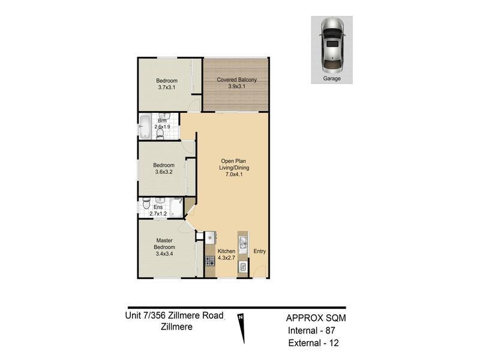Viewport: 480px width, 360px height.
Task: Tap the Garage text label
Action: [x=332, y=79]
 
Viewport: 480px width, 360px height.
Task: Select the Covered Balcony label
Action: [x=236, y=80]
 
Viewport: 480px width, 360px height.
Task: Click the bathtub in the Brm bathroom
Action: [x=144, y=126]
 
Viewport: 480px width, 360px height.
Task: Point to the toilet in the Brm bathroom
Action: [x=160, y=133]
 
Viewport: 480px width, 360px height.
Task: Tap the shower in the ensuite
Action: [x=176, y=208]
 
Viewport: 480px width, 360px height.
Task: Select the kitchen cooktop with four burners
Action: [x=209, y=261]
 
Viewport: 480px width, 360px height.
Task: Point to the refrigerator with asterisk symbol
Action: [x=210, y=237]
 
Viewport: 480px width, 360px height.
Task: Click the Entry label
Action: [x=260, y=251]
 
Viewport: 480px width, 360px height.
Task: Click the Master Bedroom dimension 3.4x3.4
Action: [x=164, y=254]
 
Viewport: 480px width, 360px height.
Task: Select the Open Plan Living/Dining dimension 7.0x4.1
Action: [x=234, y=175]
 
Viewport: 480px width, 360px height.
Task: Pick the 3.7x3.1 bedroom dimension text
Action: [x=167, y=87]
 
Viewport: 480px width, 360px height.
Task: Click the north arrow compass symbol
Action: [x=242, y=328]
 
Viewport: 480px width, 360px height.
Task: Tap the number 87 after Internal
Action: [x=330, y=331]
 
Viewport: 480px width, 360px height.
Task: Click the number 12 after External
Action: [x=334, y=343]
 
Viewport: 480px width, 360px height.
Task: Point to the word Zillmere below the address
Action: [x=176, y=326]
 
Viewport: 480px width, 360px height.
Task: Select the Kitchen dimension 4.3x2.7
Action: [x=226, y=258]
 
